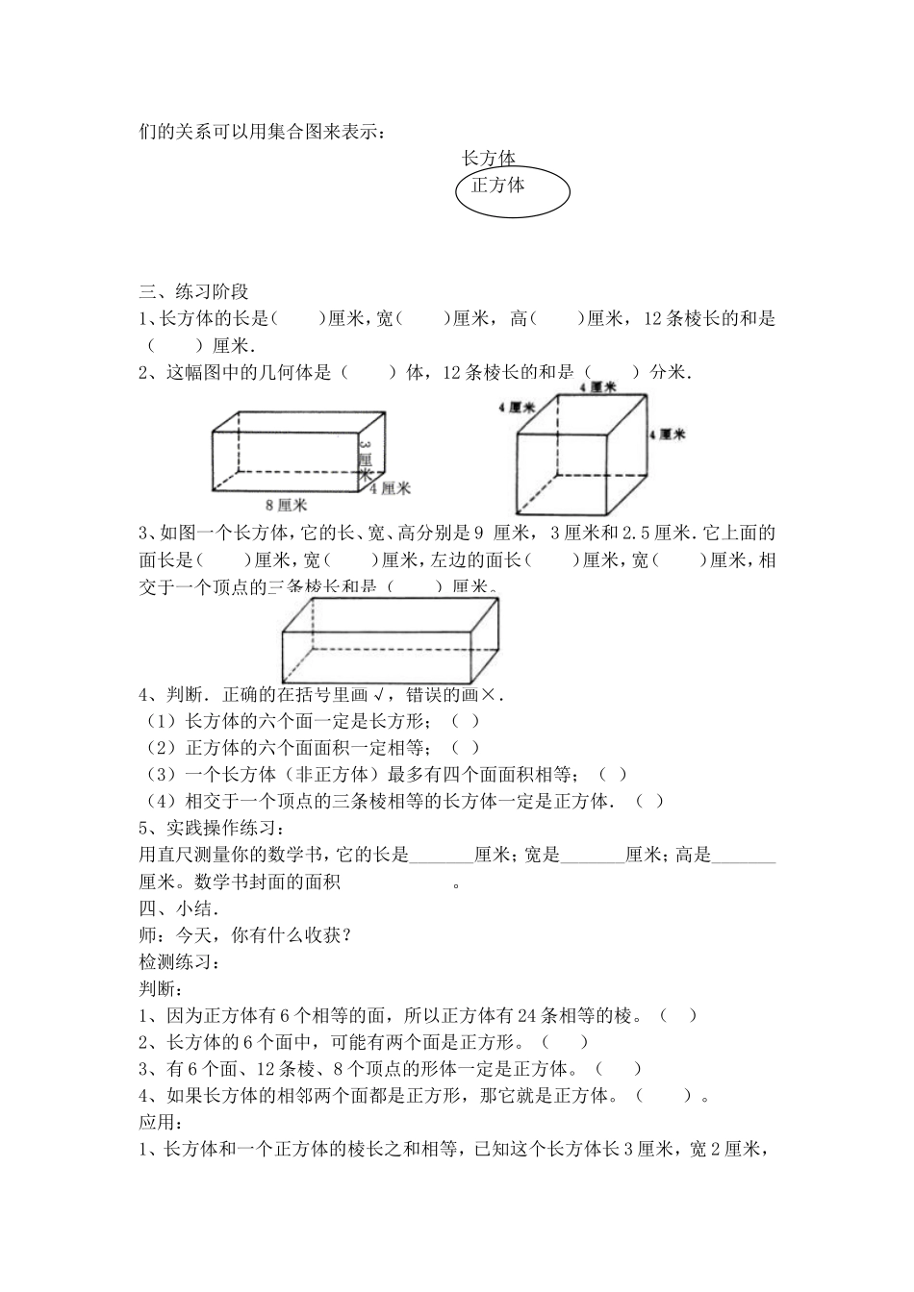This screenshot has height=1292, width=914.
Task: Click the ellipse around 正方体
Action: pyautogui.click(x=513, y=192)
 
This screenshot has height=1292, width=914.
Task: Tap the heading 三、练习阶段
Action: pyautogui.click(x=194, y=293)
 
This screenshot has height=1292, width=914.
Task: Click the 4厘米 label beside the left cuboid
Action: pyautogui.click(x=391, y=488)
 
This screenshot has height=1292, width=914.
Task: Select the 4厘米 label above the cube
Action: pyautogui.click(x=598, y=386)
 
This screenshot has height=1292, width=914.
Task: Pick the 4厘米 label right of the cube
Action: pyautogui.click(x=667, y=435)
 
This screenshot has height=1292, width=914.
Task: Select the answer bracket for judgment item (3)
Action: pyautogui.click(x=613, y=774)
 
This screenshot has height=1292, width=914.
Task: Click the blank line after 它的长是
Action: pyautogui.click(x=442, y=855)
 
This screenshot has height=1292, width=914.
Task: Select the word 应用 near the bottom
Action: pyautogui.click(x=160, y=1122)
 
